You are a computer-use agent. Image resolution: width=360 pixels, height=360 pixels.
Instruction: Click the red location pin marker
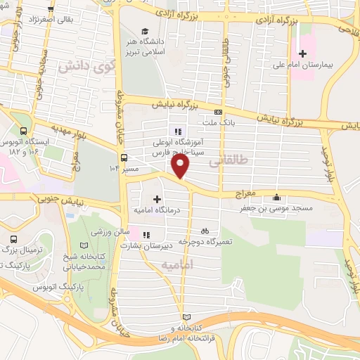point(181,166)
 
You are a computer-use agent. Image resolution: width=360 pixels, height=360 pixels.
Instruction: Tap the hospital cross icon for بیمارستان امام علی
point(303,53)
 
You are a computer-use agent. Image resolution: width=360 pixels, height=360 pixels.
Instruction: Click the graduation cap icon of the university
point(145,32)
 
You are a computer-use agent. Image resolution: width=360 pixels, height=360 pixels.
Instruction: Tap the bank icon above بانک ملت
point(219,112)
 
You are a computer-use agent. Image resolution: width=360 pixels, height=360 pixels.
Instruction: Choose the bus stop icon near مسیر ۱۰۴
point(124,158)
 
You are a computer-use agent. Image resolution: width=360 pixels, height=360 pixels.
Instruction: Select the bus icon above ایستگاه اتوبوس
point(25,131)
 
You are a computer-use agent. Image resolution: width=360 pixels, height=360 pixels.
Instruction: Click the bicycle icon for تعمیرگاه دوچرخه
point(205,230)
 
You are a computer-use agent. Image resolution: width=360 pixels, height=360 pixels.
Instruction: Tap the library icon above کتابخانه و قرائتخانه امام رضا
point(186,317)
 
